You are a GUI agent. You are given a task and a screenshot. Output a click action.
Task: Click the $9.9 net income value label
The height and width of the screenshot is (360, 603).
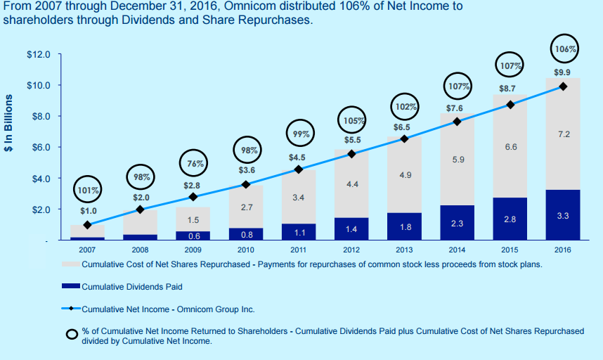(x=562, y=72)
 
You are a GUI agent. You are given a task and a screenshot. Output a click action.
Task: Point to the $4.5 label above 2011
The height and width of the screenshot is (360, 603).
(x=297, y=157)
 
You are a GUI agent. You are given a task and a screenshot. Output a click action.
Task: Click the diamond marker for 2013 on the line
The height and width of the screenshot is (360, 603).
(x=404, y=139)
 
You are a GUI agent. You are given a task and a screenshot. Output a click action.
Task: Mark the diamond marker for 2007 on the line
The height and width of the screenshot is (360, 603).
(x=87, y=225)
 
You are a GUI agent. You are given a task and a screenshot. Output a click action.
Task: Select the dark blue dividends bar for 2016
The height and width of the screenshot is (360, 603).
(x=562, y=215)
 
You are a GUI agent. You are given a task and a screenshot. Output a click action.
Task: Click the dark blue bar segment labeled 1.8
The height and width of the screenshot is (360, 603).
(x=404, y=226)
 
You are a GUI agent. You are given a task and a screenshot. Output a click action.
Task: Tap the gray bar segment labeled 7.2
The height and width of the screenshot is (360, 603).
(x=562, y=134)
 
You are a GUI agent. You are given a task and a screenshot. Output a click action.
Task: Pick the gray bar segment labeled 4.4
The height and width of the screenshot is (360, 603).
(x=351, y=184)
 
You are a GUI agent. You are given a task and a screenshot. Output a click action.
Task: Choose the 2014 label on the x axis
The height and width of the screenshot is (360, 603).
(x=457, y=249)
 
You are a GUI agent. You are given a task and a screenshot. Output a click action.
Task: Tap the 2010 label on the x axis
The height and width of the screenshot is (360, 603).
(x=245, y=249)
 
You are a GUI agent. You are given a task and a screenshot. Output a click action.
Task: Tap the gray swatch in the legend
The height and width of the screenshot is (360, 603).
(x=71, y=265)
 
